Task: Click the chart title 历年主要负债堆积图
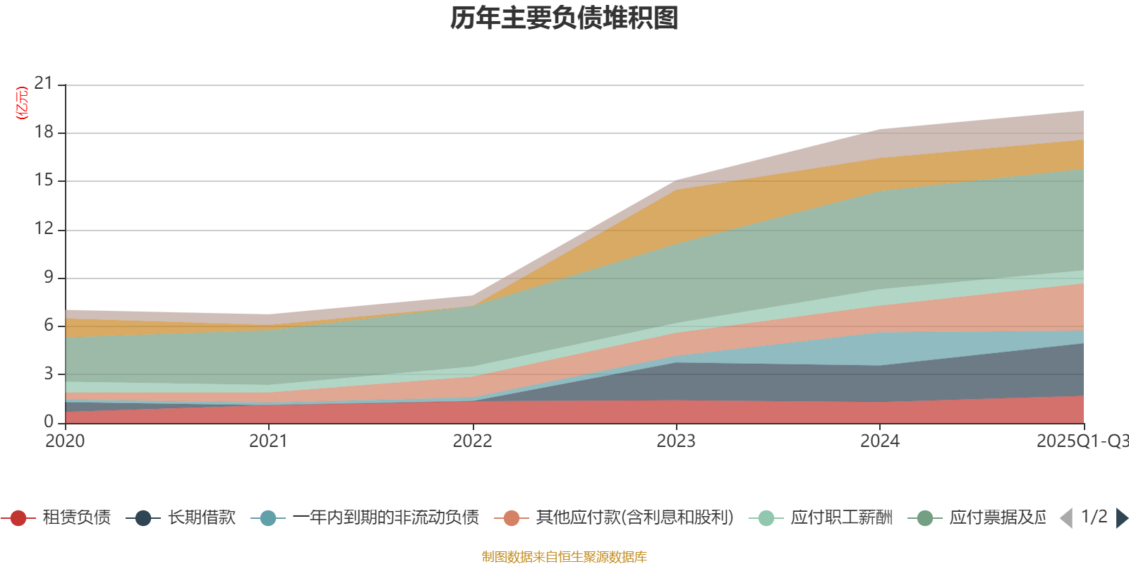coord(564,18)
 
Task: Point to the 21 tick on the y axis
coord(44,84)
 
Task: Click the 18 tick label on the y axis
coord(44,132)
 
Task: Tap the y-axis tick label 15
coord(44,180)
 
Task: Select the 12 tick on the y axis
coord(44,228)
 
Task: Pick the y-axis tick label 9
coord(48,277)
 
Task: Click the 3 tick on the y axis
coord(48,374)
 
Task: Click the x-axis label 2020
coord(65,441)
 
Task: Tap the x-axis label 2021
coord(268,441)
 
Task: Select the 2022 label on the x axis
coord(472,441)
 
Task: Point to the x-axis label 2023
coord(676,441)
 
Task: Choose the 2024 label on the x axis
coord(879,441)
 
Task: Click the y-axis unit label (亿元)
coord(22,103)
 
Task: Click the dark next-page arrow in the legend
coord(1121,518)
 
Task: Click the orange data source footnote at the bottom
coord(564,557)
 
